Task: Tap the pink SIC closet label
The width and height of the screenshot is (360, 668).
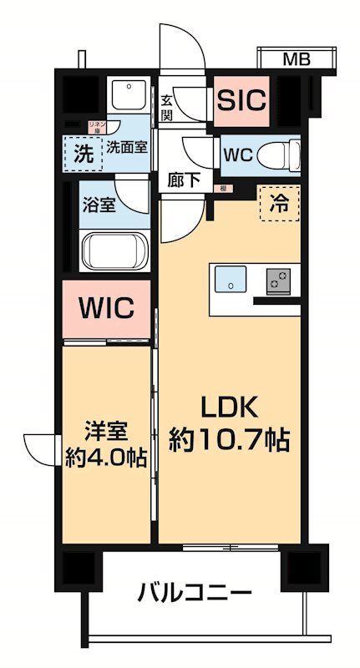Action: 241,100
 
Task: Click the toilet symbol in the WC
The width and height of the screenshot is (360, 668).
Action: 275,154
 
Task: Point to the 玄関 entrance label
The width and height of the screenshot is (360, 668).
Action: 168,107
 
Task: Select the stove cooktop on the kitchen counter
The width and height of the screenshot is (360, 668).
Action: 278,281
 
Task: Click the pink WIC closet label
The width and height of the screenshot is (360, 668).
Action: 106,308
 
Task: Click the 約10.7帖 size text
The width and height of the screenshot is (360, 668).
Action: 229,440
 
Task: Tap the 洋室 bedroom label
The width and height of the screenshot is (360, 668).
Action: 105,432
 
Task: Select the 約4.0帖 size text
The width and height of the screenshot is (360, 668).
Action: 105,458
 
